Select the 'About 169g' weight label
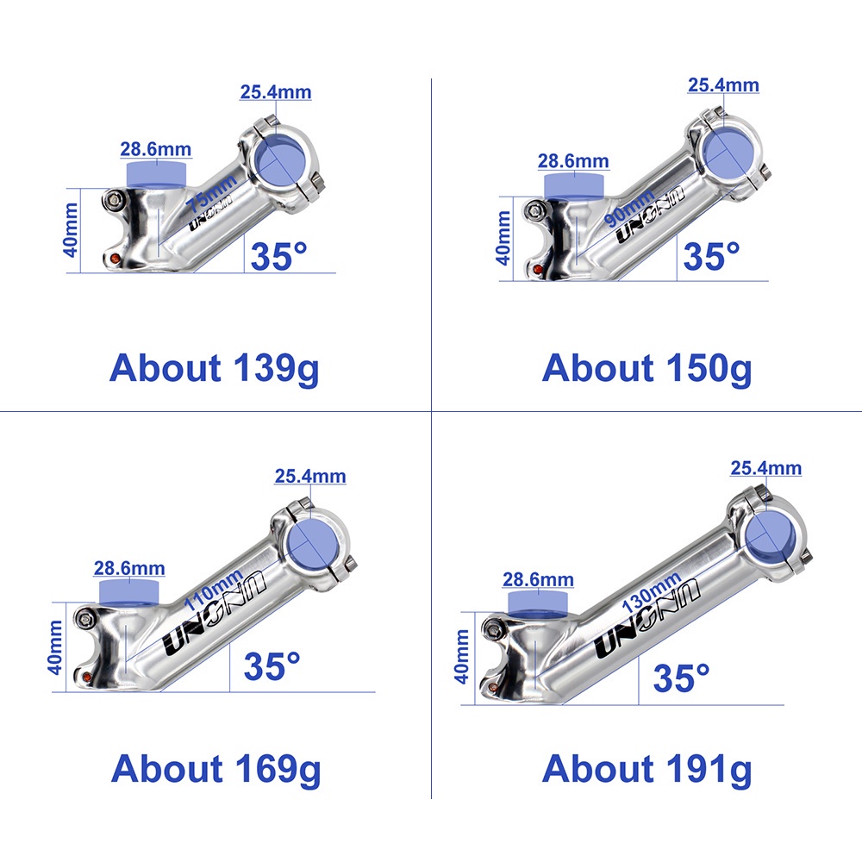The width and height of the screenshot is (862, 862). click(x=215, y=770)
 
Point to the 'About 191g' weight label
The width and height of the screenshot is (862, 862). click(x=646, y=770)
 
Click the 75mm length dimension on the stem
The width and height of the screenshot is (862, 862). click(x=211, y=192)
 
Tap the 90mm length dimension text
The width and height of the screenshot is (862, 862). click(x=629, y=207)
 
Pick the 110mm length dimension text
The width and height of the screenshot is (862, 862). click(x=213, y=590)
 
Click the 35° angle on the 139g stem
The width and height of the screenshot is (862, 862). click(x=278, y=256)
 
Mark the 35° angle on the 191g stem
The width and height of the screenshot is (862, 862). click(x=682, y=678)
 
